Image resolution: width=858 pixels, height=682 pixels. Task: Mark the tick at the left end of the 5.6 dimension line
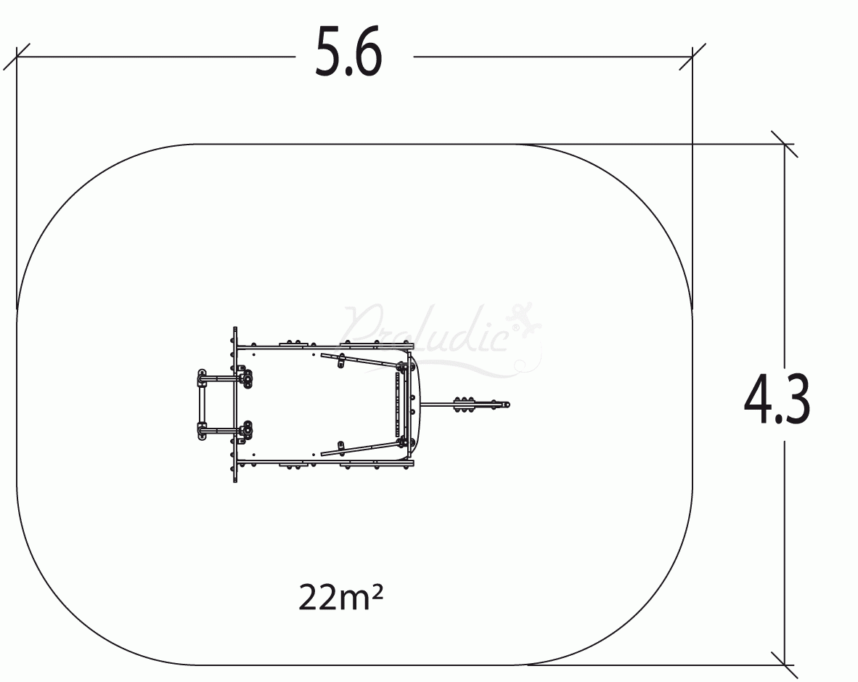click(17, 57)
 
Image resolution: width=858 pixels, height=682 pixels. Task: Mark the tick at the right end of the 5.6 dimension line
click(692, 57)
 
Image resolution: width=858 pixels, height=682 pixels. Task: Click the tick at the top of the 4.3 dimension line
click(784, 144)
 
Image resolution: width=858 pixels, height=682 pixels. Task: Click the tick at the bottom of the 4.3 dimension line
click(784, 664)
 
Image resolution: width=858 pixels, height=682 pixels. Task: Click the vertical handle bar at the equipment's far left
click(201, 405)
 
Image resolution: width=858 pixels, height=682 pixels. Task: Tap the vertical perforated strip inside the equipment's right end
click(397, 405)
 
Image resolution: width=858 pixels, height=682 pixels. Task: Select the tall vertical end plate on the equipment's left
click(234, 405)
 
